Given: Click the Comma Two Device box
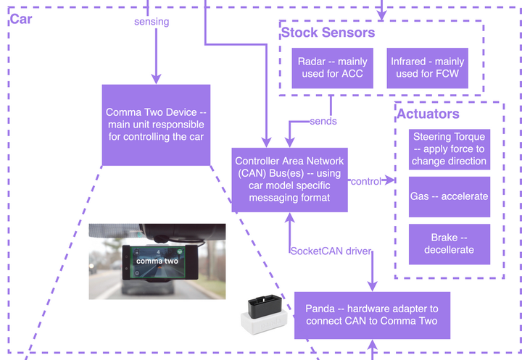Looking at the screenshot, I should click(x=156, y=124).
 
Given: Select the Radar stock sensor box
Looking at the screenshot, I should click(x=333, y=68).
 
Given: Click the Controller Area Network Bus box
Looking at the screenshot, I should click(x=289, y=179).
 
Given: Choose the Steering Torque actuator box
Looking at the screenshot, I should click(x=449, y=148).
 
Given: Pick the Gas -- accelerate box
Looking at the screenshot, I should click(x=449, y=196).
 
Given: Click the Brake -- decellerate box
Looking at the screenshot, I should click(x=449, y=243).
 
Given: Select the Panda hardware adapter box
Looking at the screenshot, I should click(x=372, y=315).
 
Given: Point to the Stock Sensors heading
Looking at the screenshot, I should click(x=328, y=33).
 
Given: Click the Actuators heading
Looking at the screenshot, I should click(x=428, y=114).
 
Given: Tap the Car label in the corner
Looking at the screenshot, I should click(x=20, y=19).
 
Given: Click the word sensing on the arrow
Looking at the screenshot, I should click(x=152, y=22).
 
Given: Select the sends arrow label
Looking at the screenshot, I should click(x=323, y=121).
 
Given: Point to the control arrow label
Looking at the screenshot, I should click(x=365, y=181).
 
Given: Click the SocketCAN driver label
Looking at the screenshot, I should click(x=331, y=251).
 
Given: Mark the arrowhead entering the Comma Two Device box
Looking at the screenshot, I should click(x=155, y=80).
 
